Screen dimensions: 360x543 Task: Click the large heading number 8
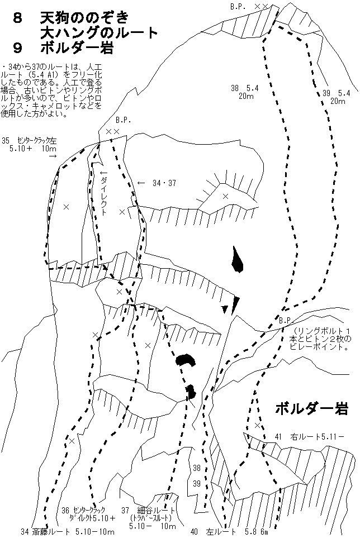17,17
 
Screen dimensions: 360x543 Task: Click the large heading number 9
17,48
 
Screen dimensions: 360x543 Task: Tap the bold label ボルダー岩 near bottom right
311,408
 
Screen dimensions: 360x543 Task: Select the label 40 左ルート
213,532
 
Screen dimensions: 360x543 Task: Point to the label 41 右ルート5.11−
309,437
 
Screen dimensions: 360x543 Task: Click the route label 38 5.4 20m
245,92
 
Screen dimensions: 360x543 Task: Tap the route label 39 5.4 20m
336,97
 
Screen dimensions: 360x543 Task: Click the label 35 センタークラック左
29,141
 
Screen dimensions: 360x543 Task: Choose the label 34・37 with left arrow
157,183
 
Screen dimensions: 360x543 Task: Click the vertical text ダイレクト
103,192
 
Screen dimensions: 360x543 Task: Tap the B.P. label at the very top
238,6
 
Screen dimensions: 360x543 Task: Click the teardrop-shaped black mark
237,260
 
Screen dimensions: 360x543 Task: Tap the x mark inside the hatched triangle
226,197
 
